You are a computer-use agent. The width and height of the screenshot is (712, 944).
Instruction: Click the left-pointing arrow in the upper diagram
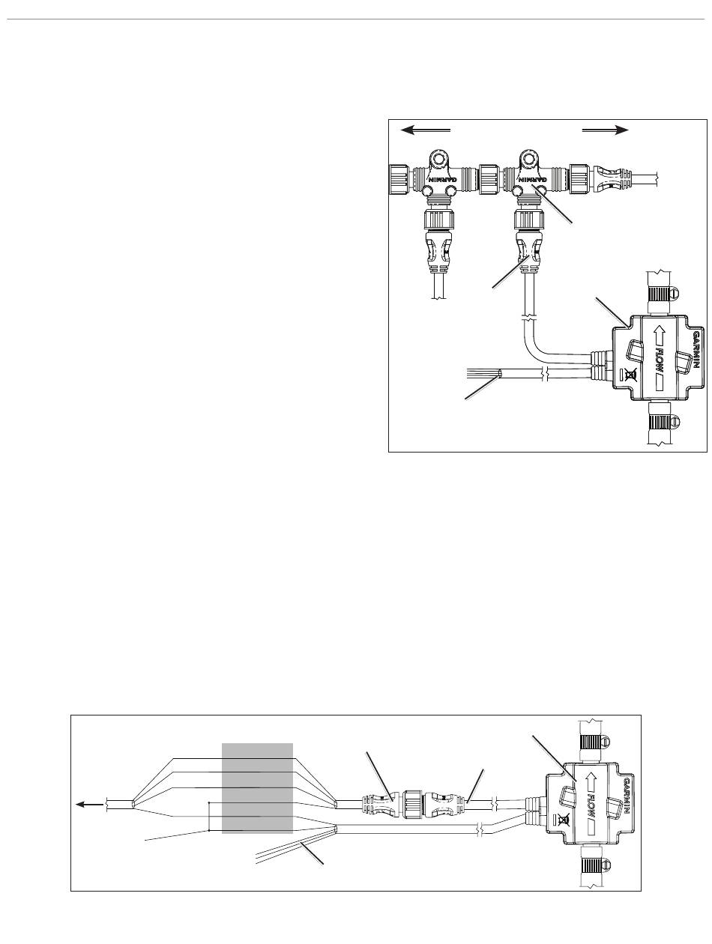pos(425,130)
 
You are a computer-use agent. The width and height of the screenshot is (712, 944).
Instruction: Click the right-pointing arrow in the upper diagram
pos(605,130)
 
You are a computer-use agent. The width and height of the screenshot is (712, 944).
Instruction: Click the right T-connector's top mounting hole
pos(529,159)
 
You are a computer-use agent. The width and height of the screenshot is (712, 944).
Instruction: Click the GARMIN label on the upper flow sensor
pos(697,351)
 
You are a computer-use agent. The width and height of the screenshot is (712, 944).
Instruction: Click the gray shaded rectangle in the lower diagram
pos(257,788)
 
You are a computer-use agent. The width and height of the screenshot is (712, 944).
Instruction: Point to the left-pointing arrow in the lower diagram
pos(89,805)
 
